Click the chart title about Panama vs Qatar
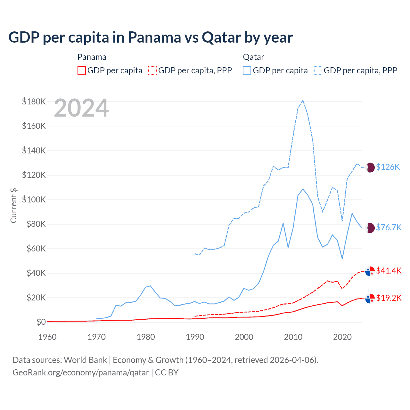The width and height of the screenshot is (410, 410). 151,37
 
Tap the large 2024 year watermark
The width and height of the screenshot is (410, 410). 81,108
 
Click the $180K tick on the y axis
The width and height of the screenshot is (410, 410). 34,102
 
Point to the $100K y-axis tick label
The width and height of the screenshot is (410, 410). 34,200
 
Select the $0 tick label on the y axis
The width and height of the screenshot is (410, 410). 41,322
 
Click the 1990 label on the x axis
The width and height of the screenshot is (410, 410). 195,337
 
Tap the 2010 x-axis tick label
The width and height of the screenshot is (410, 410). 293,337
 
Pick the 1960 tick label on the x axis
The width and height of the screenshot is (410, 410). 47,337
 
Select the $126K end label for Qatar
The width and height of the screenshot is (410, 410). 388,167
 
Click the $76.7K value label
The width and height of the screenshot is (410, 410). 389,227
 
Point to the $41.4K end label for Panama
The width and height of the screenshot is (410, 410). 389,271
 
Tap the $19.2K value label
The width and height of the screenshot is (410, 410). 389,298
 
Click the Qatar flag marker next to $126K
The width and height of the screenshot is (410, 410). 370,167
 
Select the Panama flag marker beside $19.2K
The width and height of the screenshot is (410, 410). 370,298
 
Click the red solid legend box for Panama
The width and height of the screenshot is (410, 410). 82,70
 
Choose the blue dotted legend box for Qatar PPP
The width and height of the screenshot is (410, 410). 318,70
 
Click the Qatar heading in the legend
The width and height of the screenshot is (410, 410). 253,57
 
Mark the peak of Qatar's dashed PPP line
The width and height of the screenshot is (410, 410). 303,101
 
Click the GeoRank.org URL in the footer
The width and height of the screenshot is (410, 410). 81,373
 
